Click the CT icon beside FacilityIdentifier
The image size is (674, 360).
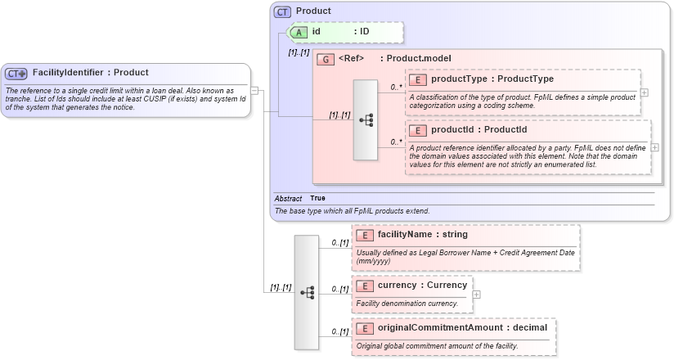click(16, 73)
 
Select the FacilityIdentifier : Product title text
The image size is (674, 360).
click(90, 73)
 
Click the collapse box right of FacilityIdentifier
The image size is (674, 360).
click(255, 90)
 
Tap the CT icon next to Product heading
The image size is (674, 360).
click(282, 12)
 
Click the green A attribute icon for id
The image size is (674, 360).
click(299, 32)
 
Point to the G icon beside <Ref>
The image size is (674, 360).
click(325, 59)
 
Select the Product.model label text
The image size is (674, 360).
click(416, 59)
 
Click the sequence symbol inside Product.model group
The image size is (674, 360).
click(366, 119)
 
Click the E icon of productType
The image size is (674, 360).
click(418, 79)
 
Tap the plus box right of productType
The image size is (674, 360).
click(644, 92)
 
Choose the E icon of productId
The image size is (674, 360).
click(418, 130)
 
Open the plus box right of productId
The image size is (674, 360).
click(655, 147)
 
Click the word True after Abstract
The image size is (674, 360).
click(317, 199)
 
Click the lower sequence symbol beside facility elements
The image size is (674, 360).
click(307, 292)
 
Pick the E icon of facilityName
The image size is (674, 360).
click(365, 235)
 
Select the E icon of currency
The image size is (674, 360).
click(365, 286)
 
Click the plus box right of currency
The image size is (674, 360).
click(477, 295)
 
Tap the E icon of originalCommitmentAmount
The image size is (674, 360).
click(365, 328)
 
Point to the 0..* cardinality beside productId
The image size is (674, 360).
click(396, 142)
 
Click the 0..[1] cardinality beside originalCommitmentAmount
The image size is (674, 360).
click(340, 331)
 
